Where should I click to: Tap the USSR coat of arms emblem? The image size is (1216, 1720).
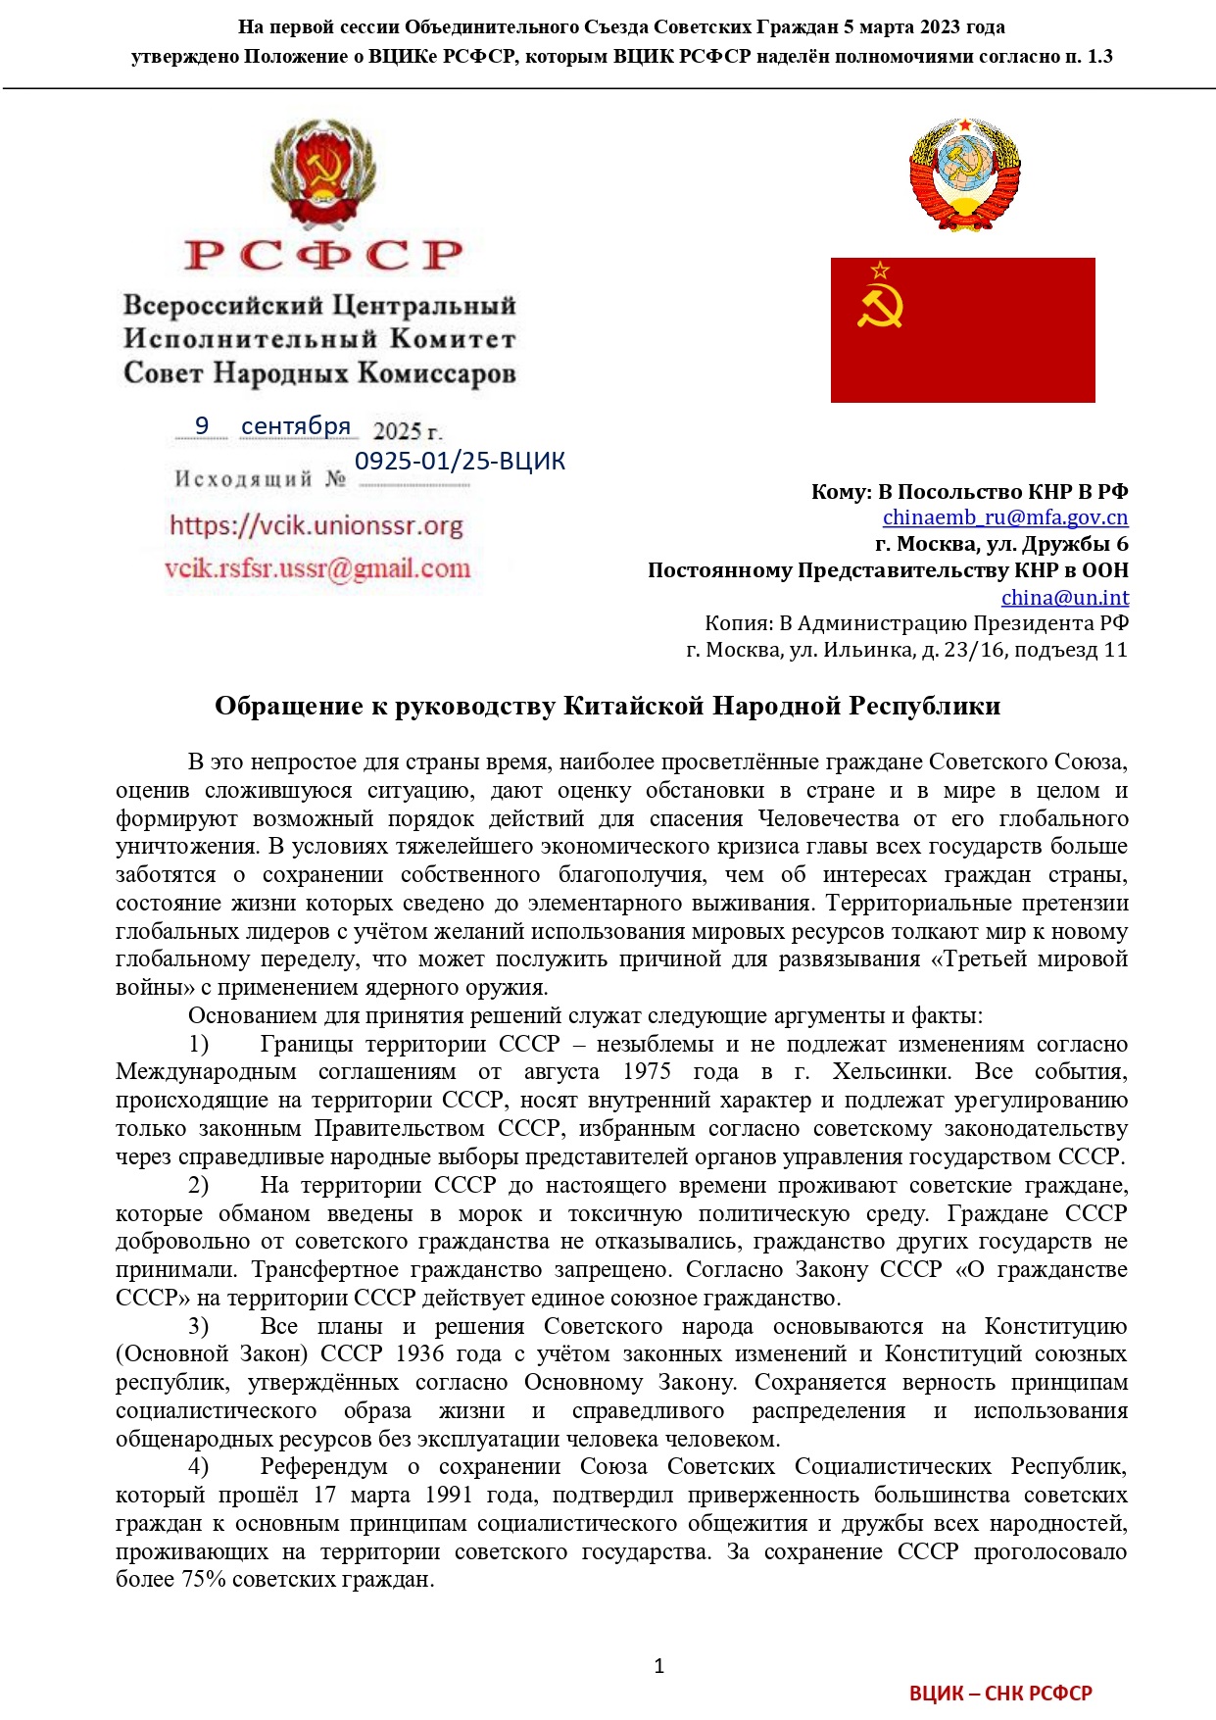(x=964, y=174)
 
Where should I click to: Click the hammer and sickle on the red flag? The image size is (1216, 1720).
(x=879, y=303)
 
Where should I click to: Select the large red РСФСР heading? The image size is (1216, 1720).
(x=323, y=255)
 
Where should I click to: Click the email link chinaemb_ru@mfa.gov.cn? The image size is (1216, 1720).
(x=1004, y=517)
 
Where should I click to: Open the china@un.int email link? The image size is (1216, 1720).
(x=1064, y=597)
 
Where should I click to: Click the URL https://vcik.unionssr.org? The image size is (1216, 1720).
(x=316, y=525)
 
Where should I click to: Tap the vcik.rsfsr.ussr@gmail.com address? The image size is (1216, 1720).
(x=317, y=568)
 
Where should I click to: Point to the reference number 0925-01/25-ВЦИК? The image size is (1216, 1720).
(x=460, y=461)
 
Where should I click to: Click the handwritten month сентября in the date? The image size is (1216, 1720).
(x=295, y=426)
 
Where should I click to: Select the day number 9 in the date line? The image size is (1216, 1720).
(x=202, y=425)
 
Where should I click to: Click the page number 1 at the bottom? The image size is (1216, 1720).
(x=658, y=1665)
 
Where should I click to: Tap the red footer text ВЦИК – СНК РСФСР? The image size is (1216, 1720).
(x=999, y=1693)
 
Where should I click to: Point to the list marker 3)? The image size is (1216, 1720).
(x=198, y=1326)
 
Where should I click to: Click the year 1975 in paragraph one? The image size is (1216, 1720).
(x=647, y=1072)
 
